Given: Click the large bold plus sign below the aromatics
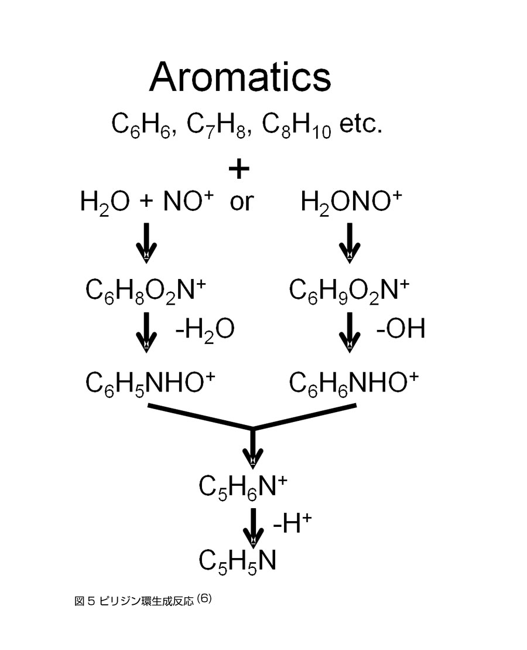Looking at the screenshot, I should [239, 169].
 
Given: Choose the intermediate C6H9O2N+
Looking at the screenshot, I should [350, 290].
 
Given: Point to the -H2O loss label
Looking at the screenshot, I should [205, 329].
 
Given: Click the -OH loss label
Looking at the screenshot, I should [401, 329].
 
